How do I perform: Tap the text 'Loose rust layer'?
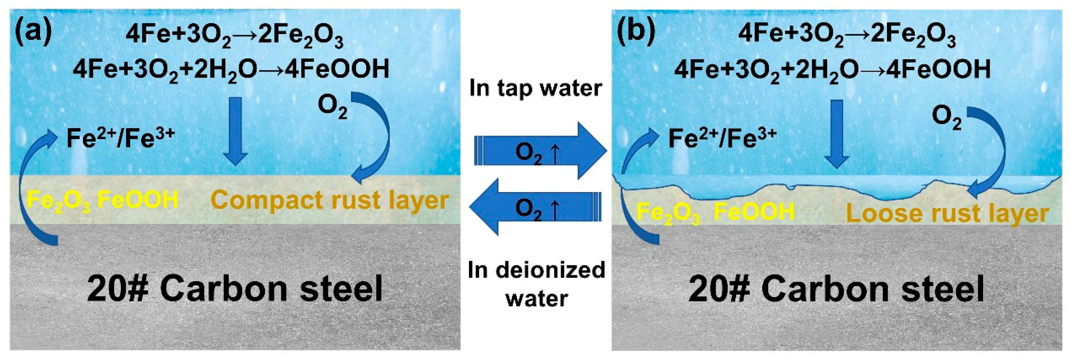947,214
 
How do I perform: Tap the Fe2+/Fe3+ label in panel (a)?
121,138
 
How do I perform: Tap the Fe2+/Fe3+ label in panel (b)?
722,138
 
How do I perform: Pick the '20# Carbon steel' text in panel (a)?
235,288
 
